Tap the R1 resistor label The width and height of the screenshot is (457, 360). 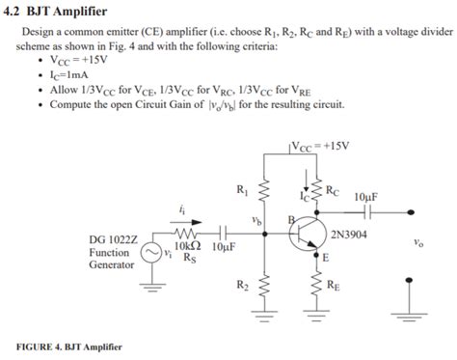pos(241,189)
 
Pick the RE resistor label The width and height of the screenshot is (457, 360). pos(333,285)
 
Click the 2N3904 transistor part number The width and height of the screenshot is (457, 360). pos(348,234)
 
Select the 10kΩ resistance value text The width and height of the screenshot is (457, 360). pos(187,246)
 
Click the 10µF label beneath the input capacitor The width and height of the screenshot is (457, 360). pos(222,246)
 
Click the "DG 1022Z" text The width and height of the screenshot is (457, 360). pos(113,238)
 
